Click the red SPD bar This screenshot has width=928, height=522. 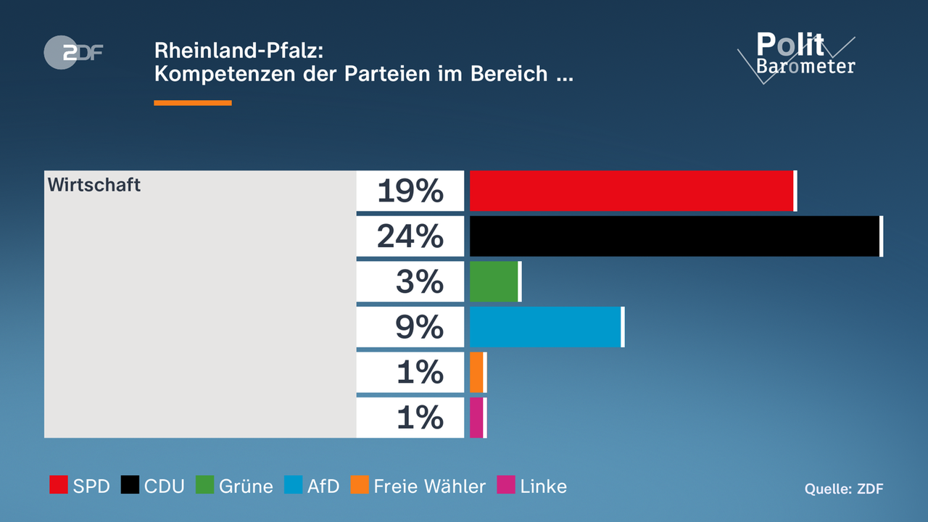click(631, 191)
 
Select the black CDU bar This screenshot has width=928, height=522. click(675, 236)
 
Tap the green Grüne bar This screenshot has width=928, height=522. click(494, 281)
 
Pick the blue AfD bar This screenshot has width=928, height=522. click(545, 327)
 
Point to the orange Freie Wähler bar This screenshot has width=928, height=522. click(476, 372)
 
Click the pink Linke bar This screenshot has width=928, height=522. click(476, 418)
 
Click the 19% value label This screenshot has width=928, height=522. click(410, 191)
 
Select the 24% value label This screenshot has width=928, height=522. click(410, 236)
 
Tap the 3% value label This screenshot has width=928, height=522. click(419, 281)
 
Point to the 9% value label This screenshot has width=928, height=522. click(419, 327)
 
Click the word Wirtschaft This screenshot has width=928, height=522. click(94, 185)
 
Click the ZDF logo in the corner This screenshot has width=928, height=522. click(73, 51)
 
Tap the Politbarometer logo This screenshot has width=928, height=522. click(797, 55)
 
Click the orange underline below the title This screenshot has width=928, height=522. click(193, 103)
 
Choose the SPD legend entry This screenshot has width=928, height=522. click(79, 486)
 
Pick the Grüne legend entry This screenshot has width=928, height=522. click(235, 486)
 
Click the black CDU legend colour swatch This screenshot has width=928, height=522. click(130, 485)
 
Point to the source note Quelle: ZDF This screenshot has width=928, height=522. click(844, 489)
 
